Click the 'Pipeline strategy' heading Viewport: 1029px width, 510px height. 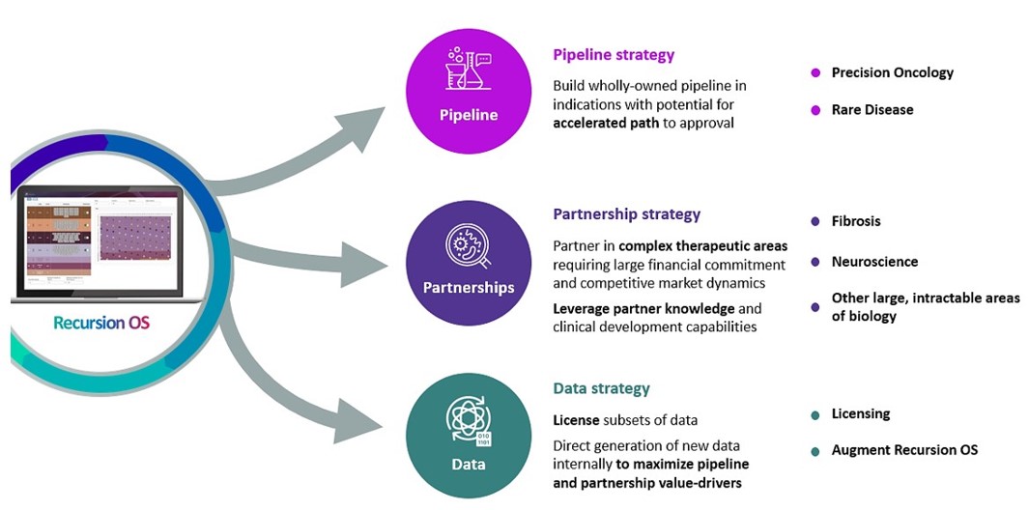click(613, 55)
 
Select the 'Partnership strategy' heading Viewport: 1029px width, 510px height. click(626, 214)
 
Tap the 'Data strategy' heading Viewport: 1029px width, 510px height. click(601, 388)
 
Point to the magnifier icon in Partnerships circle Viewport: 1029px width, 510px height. click(469, 246)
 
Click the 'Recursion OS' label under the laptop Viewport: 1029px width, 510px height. click(101, 323)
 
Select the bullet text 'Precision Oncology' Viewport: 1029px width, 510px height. click(892, 72)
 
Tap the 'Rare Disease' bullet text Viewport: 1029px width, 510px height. click(872, 110)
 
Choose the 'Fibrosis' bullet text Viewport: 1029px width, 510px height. click(856, 221)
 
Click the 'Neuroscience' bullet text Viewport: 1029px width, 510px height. click(874, 262)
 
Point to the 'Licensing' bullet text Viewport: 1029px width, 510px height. click(860, 413)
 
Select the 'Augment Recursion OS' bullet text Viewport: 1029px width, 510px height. click(904, 450)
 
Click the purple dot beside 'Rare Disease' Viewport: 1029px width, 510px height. click(815, 110)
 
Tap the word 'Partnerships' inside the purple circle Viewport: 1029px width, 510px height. click(469, 288)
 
